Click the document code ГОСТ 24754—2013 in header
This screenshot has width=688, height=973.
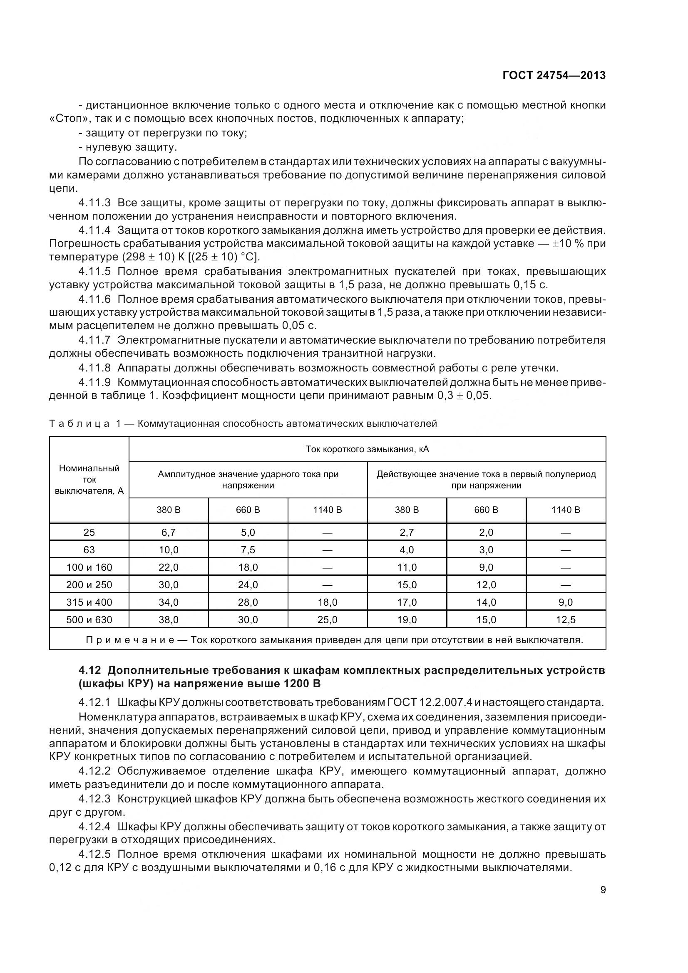(554, 75)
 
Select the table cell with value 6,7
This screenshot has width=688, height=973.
(168, 532)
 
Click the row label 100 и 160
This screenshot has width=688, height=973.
(89, 567)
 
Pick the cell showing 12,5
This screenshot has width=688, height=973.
(566, 620)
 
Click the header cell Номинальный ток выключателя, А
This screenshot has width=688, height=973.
(89, 479)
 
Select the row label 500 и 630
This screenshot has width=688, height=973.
(89, 620)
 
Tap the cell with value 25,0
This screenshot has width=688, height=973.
(327, 620)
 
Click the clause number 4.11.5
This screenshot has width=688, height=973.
(94, 271)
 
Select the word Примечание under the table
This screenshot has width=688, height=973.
(130, 640)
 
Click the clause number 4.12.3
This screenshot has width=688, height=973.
(94, 799)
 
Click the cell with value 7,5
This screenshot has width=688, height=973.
(248, 550)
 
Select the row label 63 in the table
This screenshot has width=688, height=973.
(89, 550)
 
